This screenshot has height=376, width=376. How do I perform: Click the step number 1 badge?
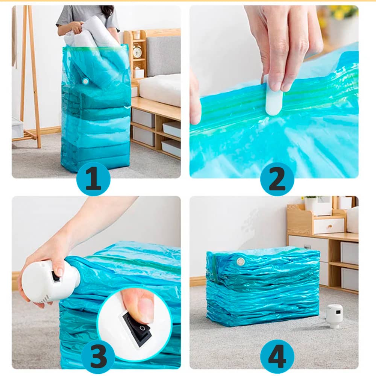pos(93,179)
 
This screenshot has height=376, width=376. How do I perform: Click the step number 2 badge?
pos(277,179)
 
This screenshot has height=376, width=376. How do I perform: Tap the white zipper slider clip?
pos(273,96)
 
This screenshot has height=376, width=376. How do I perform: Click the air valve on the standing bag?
pos(85,81)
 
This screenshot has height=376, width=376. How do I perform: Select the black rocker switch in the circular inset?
pos(137,326)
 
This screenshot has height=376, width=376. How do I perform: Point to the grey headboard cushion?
pos(163,56)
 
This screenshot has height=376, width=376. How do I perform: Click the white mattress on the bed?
pos(160,89)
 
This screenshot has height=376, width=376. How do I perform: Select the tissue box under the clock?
pos(138,73)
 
